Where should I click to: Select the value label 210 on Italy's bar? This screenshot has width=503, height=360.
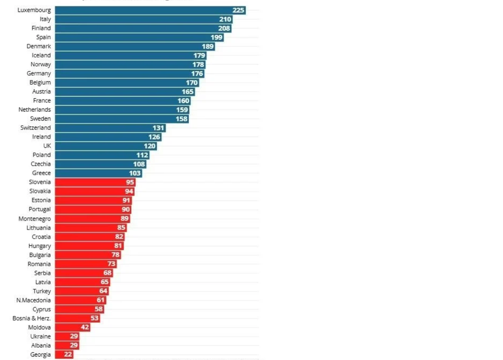tap(225, 19)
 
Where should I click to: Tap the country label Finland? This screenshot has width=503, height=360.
tap(41, 28)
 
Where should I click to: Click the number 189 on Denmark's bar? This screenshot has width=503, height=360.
tap(208, 47)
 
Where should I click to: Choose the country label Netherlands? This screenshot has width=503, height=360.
tap(35, 110)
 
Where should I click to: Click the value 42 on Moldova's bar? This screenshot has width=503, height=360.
tap(85, 327)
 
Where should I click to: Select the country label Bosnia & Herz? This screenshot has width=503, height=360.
tap(32, 318)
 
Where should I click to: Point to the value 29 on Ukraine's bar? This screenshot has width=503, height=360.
tap(74, 336)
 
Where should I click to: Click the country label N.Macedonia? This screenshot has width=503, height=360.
tap(34, 300)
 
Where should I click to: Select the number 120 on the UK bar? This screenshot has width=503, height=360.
tap(150, 146)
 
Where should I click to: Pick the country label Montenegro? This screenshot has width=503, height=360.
tap(35, 219)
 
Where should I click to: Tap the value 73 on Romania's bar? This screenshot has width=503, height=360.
tap(111, 264)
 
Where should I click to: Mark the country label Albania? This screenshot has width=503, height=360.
tap(41, 346)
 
